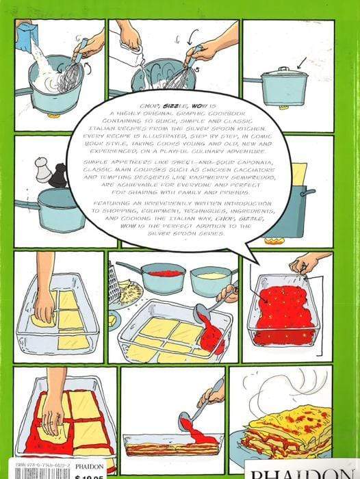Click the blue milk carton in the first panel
[27, 34]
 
